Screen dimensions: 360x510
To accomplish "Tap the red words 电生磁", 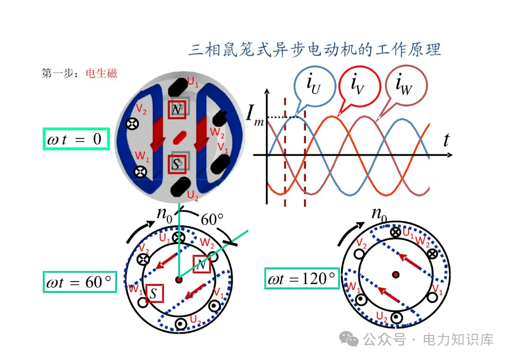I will click(102, 74).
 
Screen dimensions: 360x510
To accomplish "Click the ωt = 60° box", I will click(80, 282).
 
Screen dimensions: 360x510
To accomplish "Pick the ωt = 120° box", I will click(301, 278).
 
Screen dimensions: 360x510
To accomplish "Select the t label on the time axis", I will click(446, 140).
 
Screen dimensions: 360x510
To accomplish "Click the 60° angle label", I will click(212, 220).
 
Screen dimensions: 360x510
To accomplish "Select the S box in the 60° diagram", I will click(154, 293).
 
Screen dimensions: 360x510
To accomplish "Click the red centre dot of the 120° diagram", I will click(396, 274).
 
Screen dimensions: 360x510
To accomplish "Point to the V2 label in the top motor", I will click(141, 109).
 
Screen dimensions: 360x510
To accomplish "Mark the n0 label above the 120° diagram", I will click(379, 214).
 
